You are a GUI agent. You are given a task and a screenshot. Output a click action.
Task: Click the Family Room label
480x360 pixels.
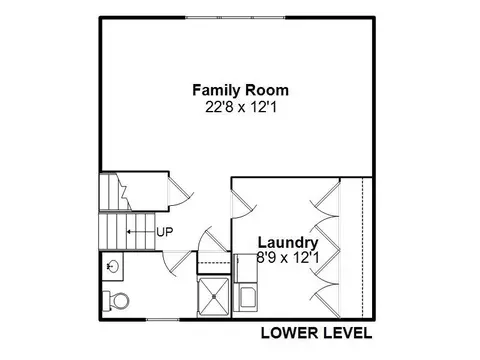pyautogui.click(x=240, y=90)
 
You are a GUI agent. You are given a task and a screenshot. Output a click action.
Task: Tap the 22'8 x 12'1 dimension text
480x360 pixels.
pyautogui.click(x=241, y=107)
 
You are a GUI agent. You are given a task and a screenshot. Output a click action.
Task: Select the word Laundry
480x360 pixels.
pyautogui.click(x=288, y=243)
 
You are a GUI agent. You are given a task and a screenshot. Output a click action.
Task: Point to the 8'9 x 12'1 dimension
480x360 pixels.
pyautogui.click(x=288, y=257)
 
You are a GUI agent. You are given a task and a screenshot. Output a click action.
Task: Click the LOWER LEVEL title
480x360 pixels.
pyautogui.click(x=316, y=333)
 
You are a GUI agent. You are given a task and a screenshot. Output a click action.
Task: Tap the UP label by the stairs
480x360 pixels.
pyautogui.click(x=165, y=232)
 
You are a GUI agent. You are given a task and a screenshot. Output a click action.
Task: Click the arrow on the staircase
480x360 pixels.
pyautogui.click(x=141, y=232)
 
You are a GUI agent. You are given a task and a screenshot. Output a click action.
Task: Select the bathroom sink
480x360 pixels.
pyautogui.click(x=113, y=266)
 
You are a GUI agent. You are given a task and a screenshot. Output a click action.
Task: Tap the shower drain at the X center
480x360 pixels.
pyautogui.click(x=214, y=296)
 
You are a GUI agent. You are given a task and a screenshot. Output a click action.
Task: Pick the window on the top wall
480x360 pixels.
pyautogui.click(x=235, y=17)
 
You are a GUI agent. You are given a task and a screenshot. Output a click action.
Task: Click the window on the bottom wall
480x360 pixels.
pyautogui.click(x=163, y=320)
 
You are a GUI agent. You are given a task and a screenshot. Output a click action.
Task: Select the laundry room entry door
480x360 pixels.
pyautogui.click(x=244, y=204)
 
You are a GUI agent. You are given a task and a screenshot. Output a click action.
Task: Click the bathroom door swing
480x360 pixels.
pyautogui.click(x=178, y=264)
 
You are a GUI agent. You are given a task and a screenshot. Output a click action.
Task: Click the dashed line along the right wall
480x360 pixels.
pyautogui.click(x=362, y=248)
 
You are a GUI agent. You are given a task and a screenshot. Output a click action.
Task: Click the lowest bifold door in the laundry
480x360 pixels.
pyautogui.click(x=325, y=301)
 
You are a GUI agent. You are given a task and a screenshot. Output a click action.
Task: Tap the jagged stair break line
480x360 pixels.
pyautogui.click(x=123, y=192)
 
